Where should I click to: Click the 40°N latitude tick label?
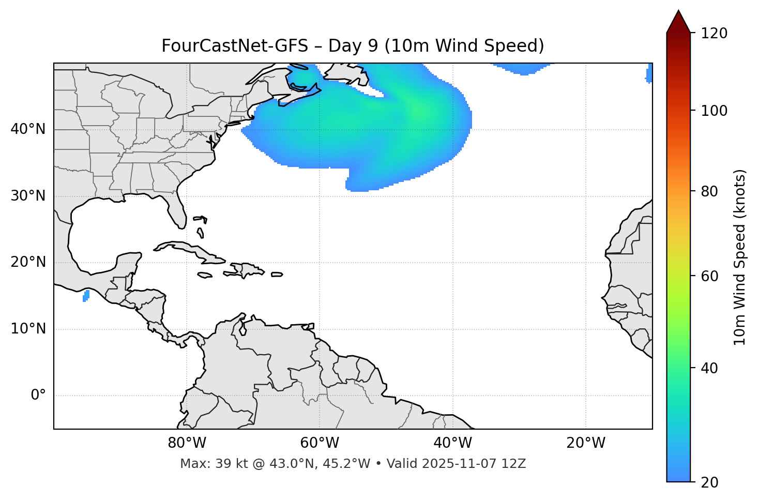pyautogui.click(x=28, y=129)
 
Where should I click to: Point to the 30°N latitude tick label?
pyautogui.click(x=28, y=196)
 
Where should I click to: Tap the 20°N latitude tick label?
pyautogui.click(x=28, y=262)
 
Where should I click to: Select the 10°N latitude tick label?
pyautogui.click(x=28, y=329)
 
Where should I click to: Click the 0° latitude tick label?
pyautogui.click(x=38, y=396)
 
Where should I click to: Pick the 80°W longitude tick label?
pyautogui.click(x=187, y=443)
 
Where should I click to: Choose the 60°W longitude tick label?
pyautogui.click(x=320, y=443)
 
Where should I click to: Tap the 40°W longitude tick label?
pyautogui.click(x=452, y=443)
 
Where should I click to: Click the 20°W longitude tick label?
pyautogui.click(x=586, y=443)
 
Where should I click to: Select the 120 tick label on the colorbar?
pyautogui.click(x=714, y=33)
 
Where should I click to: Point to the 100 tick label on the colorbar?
pyautogui.click(x=714, y=111)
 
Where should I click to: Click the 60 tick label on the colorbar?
pyautogui.click(x=710, y=276)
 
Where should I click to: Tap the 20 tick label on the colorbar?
pyautogui.click(x=710, y=482)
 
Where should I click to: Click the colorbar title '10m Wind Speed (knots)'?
pyautogui.click(x=740, y=257)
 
